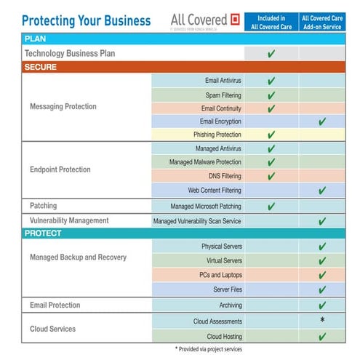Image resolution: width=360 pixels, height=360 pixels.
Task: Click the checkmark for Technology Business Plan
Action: point(271,54)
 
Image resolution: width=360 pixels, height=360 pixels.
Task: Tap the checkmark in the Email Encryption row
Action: point(322,121)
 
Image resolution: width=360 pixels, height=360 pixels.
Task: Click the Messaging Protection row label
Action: point(63,107)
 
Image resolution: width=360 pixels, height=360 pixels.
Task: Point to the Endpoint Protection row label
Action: point(60,169)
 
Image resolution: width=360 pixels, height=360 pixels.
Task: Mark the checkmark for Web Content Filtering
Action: point(322,191)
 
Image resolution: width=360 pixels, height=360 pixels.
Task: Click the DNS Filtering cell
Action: point(223,176)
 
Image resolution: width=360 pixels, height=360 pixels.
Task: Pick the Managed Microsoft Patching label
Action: point(206,207)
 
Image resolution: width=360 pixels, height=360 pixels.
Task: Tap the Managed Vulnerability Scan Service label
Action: point(197,220)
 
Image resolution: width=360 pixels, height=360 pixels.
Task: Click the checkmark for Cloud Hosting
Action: point(322,336)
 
